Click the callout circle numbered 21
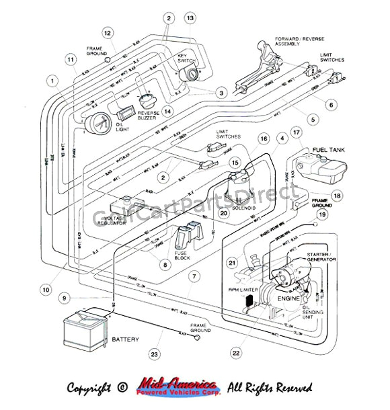[233, 262]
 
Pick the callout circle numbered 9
[65, 298]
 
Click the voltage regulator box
[126, 206]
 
